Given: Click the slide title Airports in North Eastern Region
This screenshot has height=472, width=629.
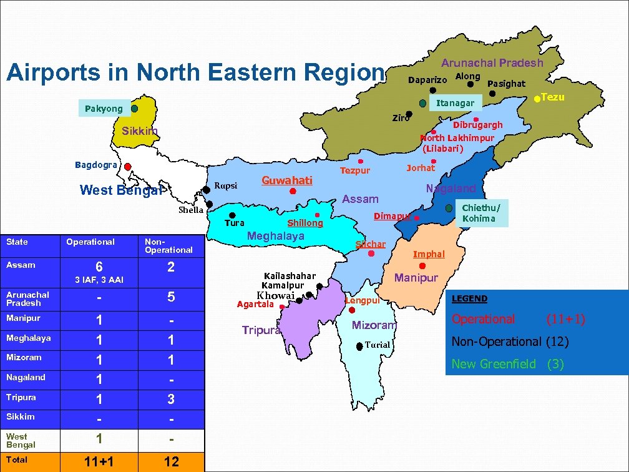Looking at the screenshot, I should (194, 72).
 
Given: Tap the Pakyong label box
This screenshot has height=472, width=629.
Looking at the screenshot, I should (104, 109).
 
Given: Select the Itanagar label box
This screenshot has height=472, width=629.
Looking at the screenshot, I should (455, 103).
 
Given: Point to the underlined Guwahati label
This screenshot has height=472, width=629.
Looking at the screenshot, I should (286, 180).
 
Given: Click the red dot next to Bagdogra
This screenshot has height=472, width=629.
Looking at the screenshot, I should (127, 167).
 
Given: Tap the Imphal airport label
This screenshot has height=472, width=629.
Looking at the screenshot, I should (429, 254).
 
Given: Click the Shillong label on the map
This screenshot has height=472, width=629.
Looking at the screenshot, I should (305, 223).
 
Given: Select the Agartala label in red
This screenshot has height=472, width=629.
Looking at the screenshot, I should (255, 304).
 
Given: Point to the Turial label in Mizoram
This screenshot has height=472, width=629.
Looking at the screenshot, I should (377, 345).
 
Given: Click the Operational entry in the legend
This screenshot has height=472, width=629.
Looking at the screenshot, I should (484, 319).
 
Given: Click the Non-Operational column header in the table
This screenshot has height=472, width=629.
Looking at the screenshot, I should (168, 245).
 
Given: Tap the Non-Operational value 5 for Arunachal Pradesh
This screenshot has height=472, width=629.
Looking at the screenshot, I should (171, 298).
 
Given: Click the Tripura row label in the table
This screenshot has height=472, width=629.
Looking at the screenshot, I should (21, 397).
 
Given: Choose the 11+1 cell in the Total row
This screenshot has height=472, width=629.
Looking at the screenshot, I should (99, 461).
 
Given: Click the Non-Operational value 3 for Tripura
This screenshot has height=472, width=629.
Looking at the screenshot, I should (171, 399).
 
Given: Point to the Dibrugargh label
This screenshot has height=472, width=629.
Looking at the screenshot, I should (477, 125).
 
